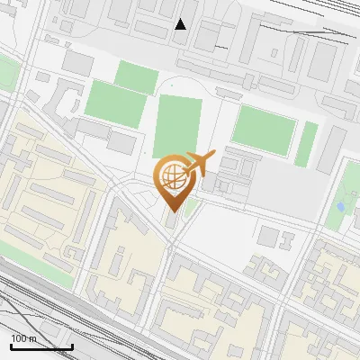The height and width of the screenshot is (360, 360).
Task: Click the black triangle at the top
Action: click(181, 23)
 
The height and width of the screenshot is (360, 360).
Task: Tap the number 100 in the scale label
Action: click(19, 338)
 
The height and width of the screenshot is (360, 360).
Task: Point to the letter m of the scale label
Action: click(33, 338)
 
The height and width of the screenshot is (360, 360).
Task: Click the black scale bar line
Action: click(41, 346)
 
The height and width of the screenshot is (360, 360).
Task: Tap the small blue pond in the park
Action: click(340, 206)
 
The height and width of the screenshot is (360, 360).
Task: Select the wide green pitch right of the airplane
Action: click(264, 130)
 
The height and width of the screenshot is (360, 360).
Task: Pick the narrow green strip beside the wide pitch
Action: click(307, 144)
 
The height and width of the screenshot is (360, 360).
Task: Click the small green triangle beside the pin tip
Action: click(190, 207)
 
